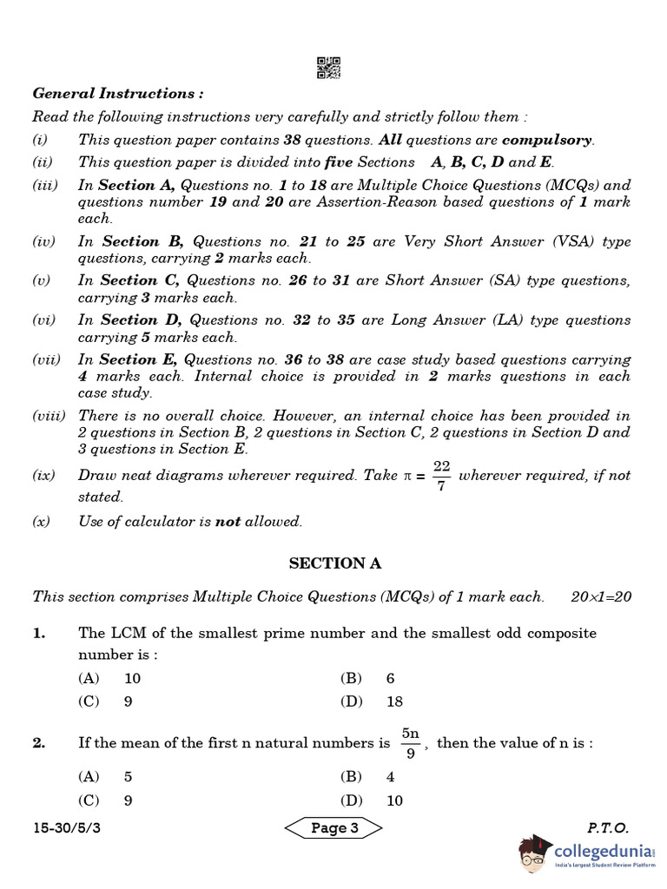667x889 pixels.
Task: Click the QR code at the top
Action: (x=328, y=68)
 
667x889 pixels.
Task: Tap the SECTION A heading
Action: (x=334, y=563)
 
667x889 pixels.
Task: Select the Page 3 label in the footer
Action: (x=334, y=827)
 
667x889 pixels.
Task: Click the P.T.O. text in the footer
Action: (x=607, y=828)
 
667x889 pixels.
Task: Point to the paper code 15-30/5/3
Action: (x=67, y=828)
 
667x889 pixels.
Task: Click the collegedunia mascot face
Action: (x=533, y=854)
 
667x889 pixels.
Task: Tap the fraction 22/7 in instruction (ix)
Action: (x=441, y=476)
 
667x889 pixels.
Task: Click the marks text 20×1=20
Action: (x=601, y=596)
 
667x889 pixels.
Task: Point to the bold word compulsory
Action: (x=547, y=140)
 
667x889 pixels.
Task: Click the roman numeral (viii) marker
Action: (x=49, y=416)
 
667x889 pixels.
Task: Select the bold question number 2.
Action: (x=38, y=743)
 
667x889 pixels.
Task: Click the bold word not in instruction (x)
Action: (x=228, y=521)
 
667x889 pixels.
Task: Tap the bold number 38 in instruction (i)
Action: (x=294, y=140)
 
